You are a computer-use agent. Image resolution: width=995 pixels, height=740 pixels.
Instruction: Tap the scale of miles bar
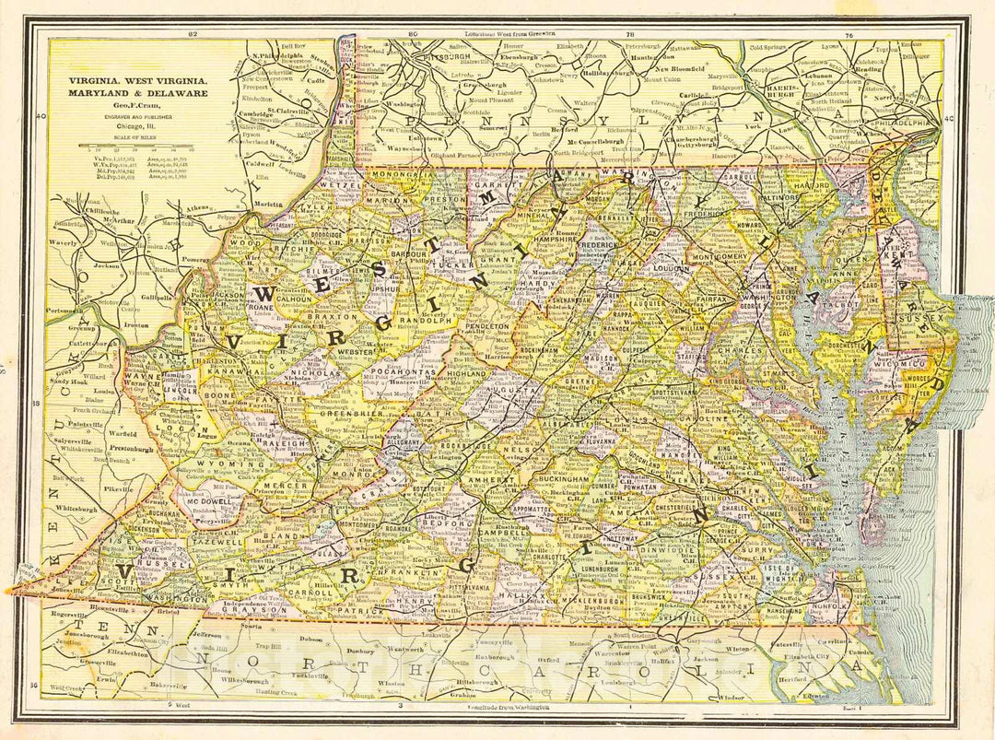point(137,146)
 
